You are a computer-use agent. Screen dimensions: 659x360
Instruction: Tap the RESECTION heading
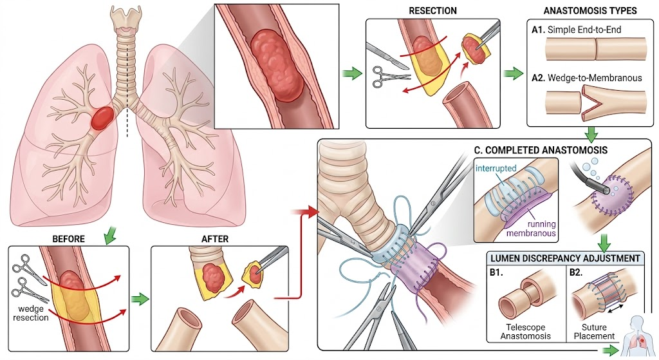tap(432, 10)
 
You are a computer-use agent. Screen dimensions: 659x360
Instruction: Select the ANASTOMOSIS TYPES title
tap(590, 10)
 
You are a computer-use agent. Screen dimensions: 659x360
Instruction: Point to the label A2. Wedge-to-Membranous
tap(587, 78)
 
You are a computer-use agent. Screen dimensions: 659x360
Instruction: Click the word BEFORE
tap(68, 239)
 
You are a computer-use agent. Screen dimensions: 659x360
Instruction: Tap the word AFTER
tap(215, 239)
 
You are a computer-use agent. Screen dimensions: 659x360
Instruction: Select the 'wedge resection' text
tap(31, 313)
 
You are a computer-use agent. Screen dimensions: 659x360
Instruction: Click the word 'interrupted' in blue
tap(496, 168)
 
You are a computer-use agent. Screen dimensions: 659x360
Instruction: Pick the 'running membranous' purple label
tap(531, 229)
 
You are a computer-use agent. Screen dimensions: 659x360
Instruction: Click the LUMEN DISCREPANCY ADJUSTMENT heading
tap(565, 258)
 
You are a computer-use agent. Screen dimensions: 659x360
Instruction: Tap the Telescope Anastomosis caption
tap(525, 332)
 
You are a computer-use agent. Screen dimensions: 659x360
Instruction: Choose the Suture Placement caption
tap(594, 332)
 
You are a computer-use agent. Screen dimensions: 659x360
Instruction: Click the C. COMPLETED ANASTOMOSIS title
tap(541, 150)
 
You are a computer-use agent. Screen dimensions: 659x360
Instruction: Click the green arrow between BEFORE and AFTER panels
tap(140, 299)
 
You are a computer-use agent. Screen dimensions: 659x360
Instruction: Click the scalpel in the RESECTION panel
tap(387, 55)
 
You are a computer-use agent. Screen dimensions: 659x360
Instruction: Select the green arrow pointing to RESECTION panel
tap(352, 75)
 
